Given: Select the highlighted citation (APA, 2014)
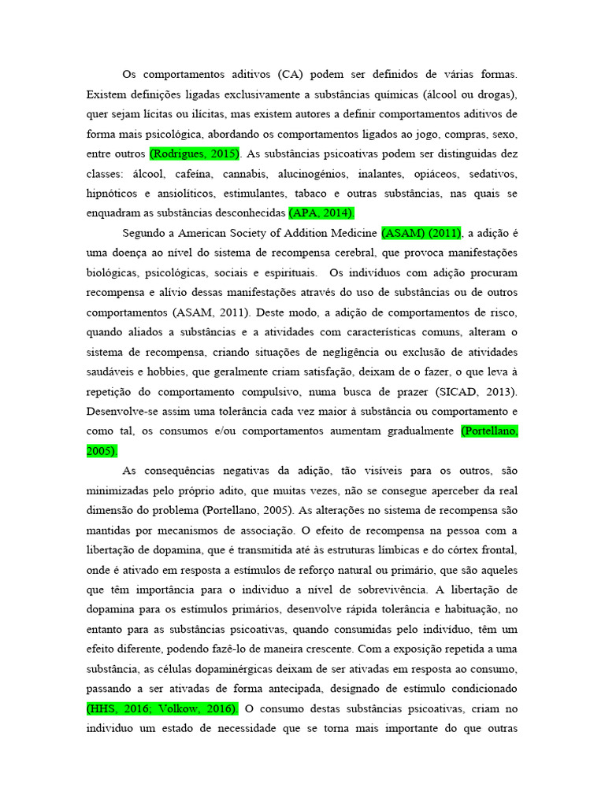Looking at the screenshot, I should click(x=322, y=213).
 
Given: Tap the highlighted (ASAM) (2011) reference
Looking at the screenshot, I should click(x=421, y=233).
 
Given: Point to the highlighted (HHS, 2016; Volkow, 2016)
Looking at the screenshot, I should click(x=161, y=708).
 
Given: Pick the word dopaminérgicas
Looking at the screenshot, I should click(x=268, y=669).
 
